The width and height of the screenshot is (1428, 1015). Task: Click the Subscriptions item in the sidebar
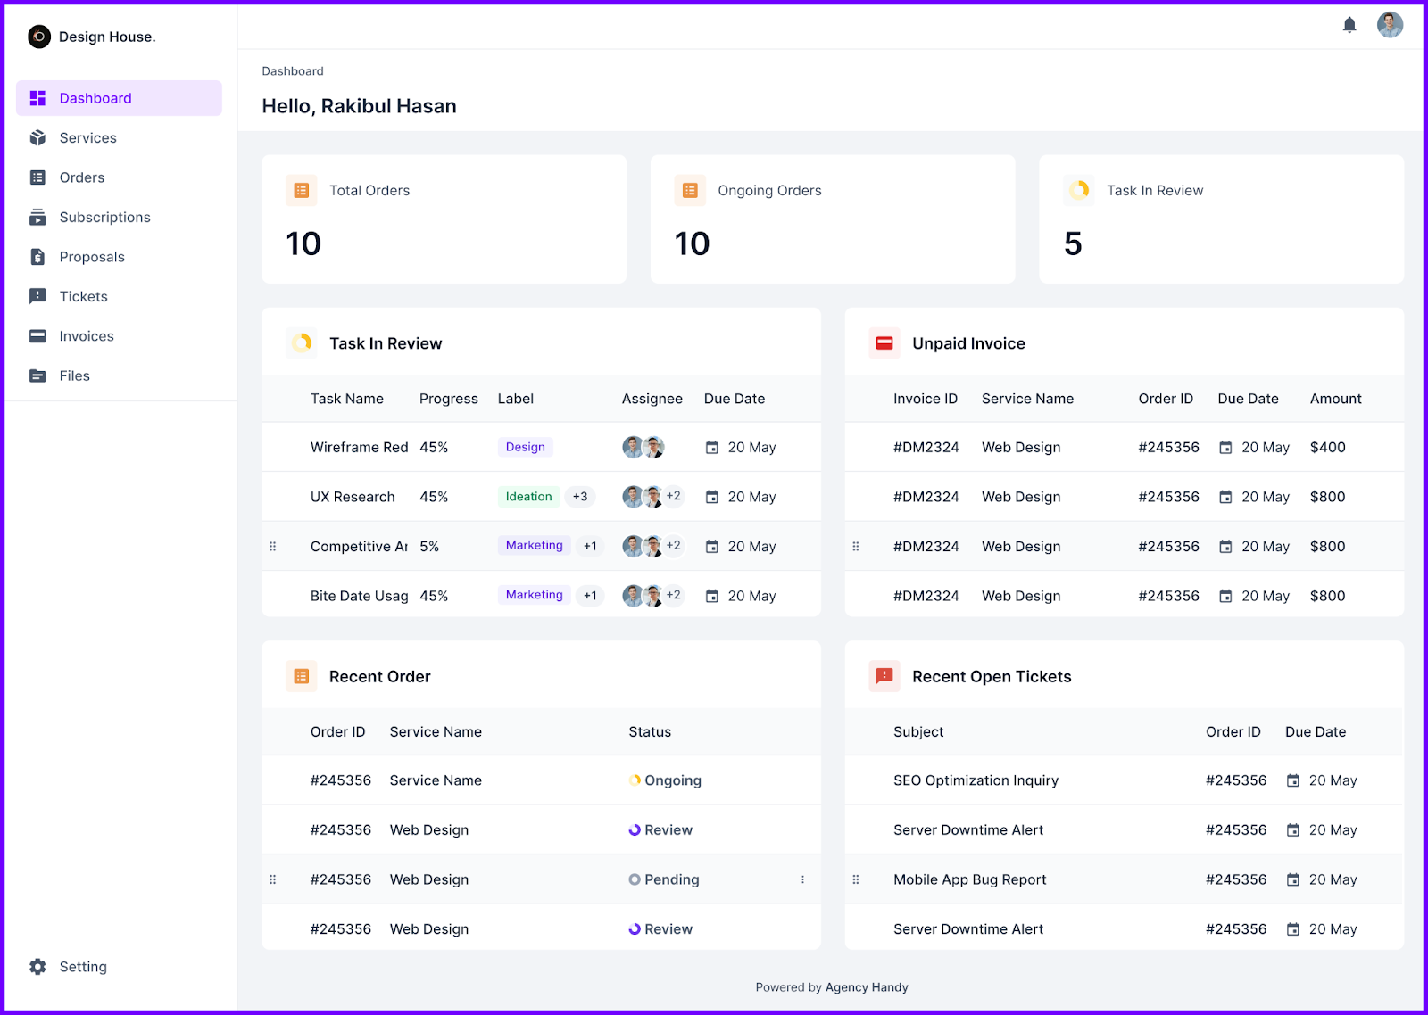104,218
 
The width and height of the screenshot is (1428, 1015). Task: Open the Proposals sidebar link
91,257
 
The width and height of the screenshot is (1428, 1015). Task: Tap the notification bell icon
1349,25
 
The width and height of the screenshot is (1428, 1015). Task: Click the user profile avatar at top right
1390,25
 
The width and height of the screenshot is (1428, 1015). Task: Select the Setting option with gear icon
82,967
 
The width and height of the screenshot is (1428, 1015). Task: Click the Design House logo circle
39,37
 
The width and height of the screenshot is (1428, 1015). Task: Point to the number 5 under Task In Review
1073,243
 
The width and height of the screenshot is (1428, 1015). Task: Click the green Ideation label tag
528,497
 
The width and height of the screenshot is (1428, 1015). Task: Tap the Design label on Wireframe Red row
525,447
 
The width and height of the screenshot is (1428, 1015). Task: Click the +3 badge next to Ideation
580,497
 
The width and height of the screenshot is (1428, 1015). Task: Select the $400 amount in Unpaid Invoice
1327,447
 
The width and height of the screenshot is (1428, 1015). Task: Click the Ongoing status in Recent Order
671,780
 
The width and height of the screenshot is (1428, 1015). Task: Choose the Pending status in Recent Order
670,879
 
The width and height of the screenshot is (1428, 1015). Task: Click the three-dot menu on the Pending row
802,879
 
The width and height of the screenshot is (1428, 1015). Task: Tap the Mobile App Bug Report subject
969,879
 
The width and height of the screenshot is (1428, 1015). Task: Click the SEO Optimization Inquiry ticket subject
976,780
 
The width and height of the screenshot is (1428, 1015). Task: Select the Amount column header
1335,399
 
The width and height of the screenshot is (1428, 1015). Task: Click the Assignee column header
652,399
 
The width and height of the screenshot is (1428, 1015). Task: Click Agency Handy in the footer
867,987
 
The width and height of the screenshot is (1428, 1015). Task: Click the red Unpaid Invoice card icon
884,343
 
